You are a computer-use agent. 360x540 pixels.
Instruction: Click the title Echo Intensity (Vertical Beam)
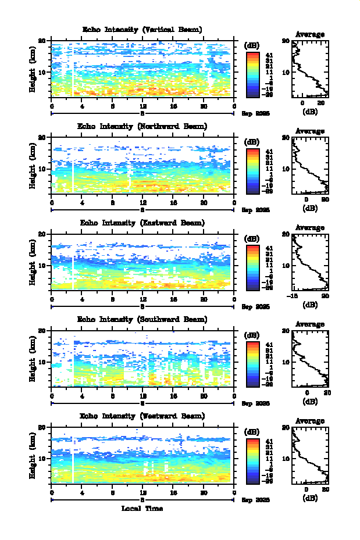tap(142, 30)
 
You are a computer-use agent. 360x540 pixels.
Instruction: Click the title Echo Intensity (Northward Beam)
tap(142, 126)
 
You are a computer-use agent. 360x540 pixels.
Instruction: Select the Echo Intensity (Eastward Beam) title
tap(142, 223)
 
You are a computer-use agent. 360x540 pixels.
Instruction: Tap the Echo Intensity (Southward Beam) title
tap(142, 320)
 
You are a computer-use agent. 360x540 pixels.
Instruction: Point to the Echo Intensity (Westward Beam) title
tap(142, 416)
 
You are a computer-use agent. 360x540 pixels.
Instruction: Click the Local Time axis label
tap(142, 509)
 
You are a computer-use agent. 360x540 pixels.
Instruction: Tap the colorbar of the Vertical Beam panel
tap(252, 73)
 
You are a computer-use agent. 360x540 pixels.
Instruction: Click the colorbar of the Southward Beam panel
tap(252, 363)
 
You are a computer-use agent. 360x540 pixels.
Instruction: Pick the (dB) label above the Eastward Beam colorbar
tap(252, 238)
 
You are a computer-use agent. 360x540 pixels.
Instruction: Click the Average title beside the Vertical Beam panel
tap(310, 35)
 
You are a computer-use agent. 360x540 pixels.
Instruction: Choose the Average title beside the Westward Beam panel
tap(310, 421)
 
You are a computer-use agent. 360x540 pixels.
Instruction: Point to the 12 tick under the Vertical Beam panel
tap(142, 106)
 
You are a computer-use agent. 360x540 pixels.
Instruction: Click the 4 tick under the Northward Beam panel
tap(82, 203)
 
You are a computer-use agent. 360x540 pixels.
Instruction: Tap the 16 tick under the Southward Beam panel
tap(173, 396)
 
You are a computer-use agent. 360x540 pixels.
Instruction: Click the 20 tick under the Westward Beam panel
tap(204, 493)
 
